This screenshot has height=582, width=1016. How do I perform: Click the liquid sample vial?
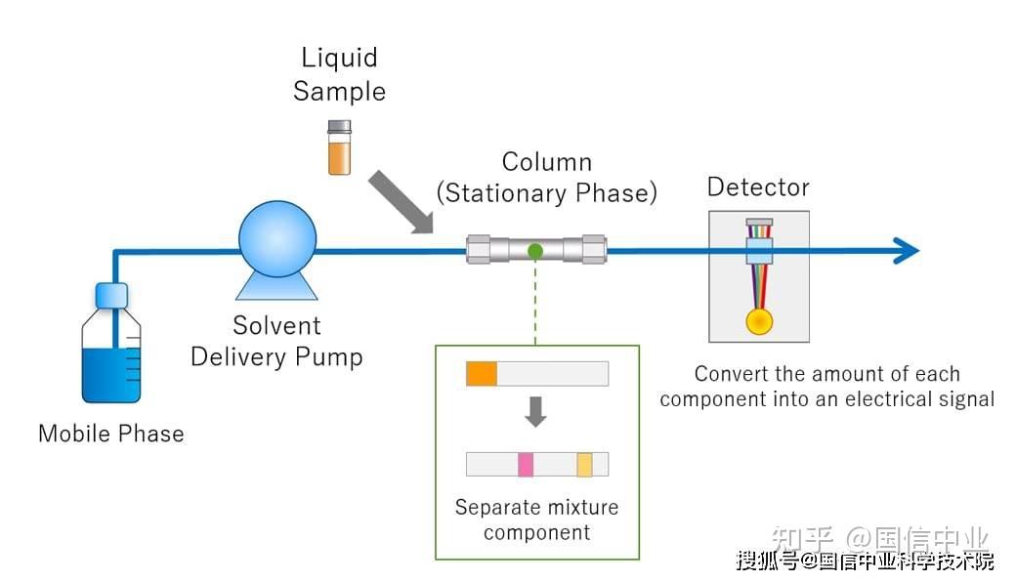(x=339, y=147)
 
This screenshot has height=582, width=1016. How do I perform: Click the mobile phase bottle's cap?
(x=112, y=294)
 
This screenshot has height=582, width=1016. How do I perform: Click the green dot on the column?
(x=535, y=251)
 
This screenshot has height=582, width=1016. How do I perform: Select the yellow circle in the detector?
(x=759, y=321)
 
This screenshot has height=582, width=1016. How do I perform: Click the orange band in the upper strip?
(x=482, y=373)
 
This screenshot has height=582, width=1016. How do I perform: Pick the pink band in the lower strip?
(x=526, y=464)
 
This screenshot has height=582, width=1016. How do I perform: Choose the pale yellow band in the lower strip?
(x=584, y=464)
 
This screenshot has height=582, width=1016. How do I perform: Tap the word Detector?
(x=758, y=187)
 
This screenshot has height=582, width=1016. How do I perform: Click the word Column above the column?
(x=547, y=162)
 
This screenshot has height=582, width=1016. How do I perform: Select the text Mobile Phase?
(x=110, y=434)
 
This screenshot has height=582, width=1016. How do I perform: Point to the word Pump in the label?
(x=331, y=357)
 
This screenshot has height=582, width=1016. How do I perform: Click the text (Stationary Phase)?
(x=547, y=193)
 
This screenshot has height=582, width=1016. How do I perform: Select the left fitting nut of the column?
(x=479, y=250)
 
